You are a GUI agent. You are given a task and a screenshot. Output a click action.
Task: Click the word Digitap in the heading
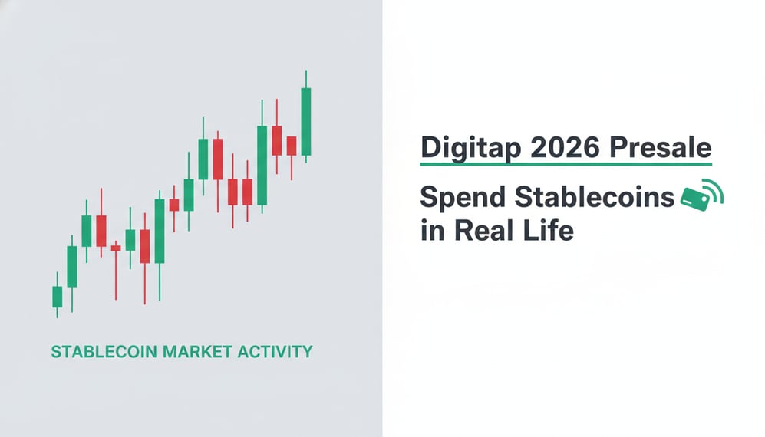coord(463,146)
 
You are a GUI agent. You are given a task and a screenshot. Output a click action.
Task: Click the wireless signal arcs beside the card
coord(715,192)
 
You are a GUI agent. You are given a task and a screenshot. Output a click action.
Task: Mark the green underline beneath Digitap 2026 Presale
coord(566,163)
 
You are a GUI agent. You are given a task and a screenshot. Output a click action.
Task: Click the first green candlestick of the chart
coord(57,297)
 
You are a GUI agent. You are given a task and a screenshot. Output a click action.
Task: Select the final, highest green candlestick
coord(306,121)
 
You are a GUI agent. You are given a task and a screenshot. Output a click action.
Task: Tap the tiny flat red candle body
coord(116,248)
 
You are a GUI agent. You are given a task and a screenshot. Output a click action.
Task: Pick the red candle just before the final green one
coord(292,146)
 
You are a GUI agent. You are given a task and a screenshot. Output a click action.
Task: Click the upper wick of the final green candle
coord(306,79)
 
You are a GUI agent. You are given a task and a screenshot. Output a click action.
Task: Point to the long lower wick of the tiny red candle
coord(116,276)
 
